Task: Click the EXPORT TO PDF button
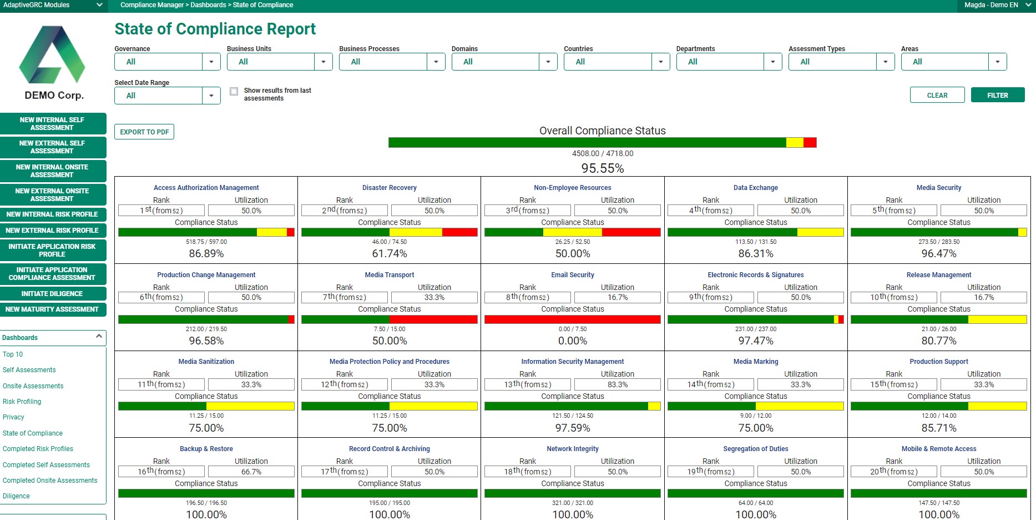(144, 132)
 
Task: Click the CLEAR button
(937, 95)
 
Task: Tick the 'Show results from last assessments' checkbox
(234, 91)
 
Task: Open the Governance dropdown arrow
(211, 62)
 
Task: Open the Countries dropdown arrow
(660, 62)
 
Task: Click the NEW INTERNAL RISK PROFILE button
(53, 214)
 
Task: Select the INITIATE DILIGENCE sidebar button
(53, 294)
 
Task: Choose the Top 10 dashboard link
(13, 354)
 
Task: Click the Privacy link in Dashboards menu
(13, 417)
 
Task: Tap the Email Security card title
(572, 275)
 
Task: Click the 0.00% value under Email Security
(572, 341)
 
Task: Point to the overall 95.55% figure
(602, 168)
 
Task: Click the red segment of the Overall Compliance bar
(810, 143)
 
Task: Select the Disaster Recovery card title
(389, 188)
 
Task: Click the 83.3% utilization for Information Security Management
(617, 384)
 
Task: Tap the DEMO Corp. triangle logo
(53, 56)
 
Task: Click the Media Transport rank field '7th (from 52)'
(345, 297)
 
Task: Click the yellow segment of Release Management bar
(997, 319)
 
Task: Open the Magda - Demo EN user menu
(997, 5)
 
